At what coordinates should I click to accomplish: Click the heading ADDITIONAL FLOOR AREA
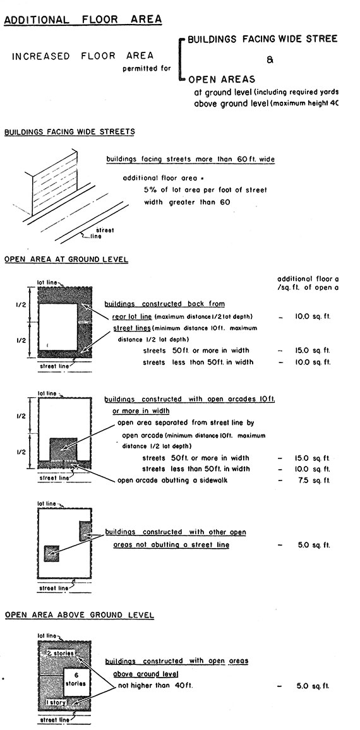tap(83, 19)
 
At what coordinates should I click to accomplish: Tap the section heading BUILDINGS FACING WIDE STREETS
tap(69, 132)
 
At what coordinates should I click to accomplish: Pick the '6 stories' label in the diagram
tap(76, 679)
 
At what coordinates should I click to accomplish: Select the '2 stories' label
tap(61, 652)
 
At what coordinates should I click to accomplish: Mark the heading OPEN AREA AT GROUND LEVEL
tap(66, 259)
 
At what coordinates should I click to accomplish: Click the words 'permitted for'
tap(147, 68)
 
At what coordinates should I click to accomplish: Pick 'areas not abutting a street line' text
tap(171, 544)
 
